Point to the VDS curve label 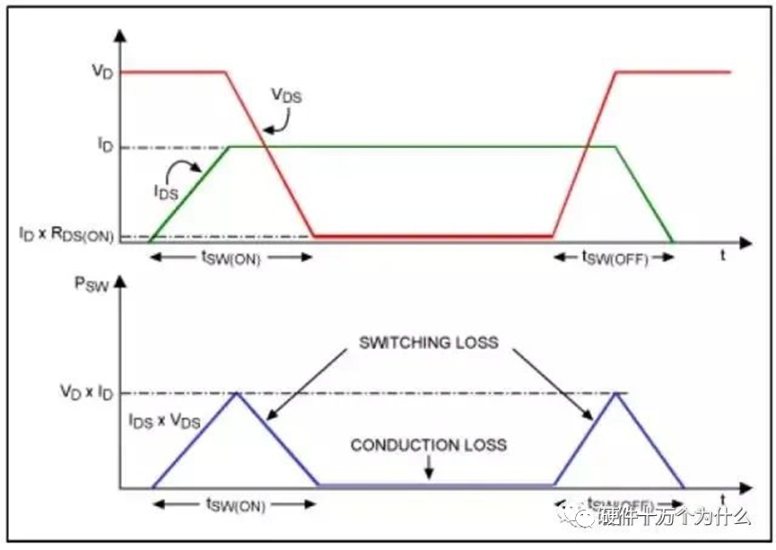pyautogui.click(x=288, y=94)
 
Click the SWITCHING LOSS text pyautogui.click(x=428, y=343)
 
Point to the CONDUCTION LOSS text pyautogui.click(x=429, y=445)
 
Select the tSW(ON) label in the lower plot pyautogui.click(x=236, y=505)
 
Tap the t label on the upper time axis pyautogui.click(x=723, y=257)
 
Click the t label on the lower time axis pyautogui.click(x=723, y=497)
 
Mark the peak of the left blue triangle pyautogui.click(x=236, y=393)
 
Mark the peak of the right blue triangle pyautogui.click(x=616, y=393)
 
